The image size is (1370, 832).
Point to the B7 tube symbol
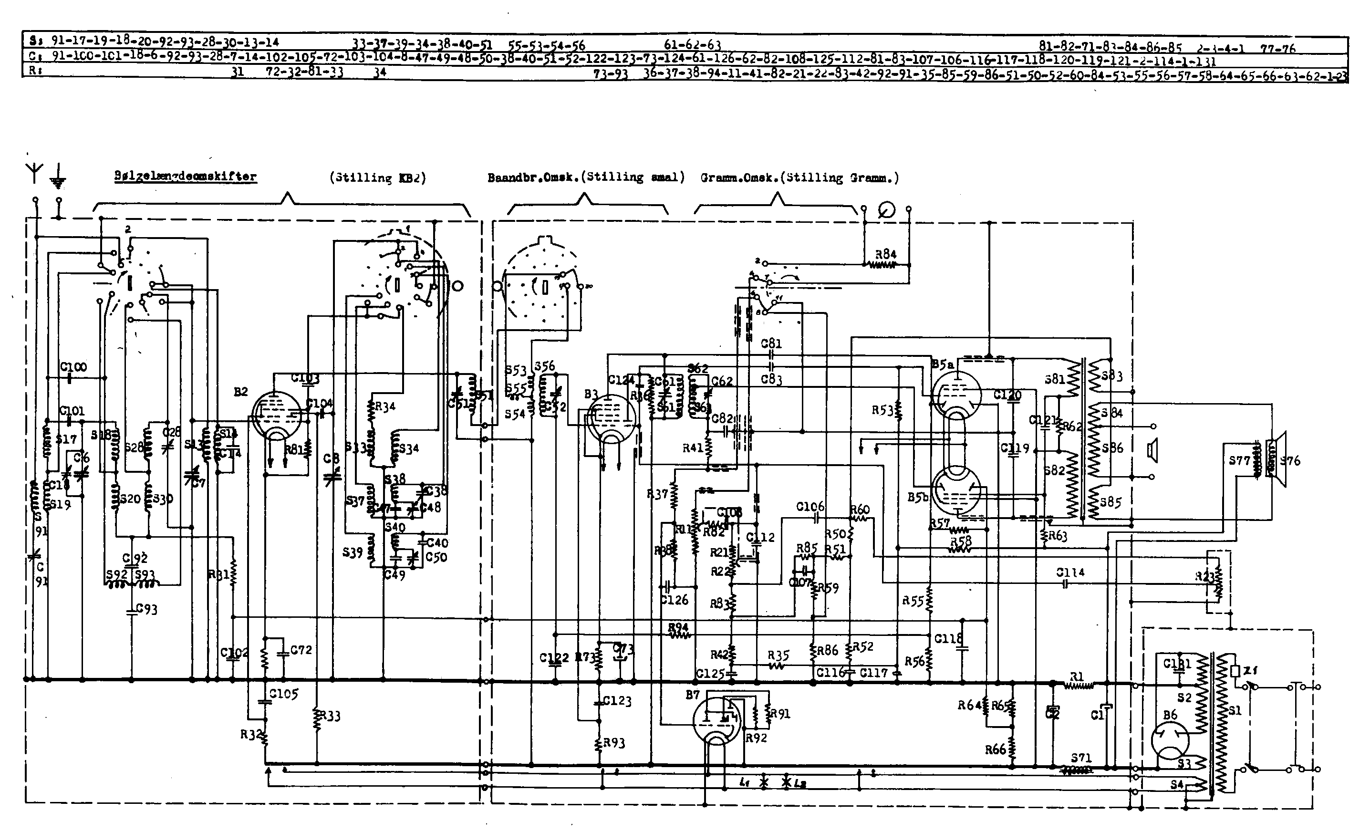[716, 720]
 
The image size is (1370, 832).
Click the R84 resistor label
[886, 254]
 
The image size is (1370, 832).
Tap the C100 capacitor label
[73, 367]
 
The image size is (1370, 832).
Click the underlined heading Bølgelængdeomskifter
[186, 177]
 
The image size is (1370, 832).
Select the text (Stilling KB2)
[377, 178]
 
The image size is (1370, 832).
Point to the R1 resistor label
[1077, 677]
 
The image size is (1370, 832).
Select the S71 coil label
[1081, 758]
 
